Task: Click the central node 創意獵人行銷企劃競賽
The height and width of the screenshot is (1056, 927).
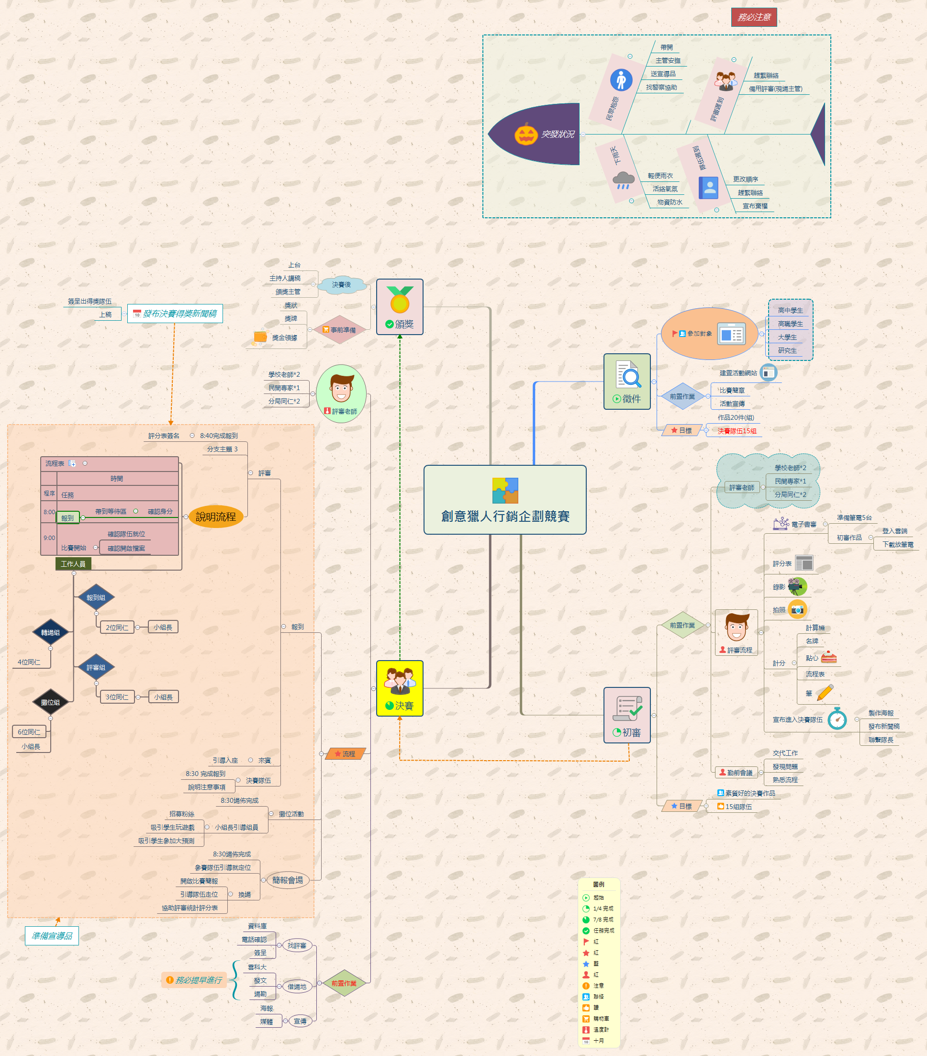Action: [504, 500]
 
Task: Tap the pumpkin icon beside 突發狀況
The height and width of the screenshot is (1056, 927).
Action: [526, 135]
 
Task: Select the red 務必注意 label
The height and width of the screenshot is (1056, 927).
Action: [753, 17]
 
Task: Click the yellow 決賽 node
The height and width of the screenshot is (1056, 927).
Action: [400, 688]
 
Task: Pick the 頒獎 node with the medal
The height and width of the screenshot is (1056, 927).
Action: [400, 307]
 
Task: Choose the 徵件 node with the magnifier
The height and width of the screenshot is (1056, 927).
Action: [627, 381]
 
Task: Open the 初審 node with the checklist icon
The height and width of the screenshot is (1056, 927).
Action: [627, 715]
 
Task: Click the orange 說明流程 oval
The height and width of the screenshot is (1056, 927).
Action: [216, 517]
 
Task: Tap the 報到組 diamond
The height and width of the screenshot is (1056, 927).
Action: [96, 598]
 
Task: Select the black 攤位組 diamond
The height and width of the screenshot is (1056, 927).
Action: [51, 702]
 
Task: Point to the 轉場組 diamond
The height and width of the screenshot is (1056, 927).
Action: [51, 632]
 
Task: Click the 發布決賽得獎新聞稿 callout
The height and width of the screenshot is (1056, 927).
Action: [175, 314]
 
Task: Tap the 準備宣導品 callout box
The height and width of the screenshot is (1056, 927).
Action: [52, 936]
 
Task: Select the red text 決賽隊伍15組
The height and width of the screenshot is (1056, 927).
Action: [737, 431]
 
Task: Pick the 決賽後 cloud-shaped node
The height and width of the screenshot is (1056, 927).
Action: [341, 285]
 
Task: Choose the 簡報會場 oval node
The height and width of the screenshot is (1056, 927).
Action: [288, 880]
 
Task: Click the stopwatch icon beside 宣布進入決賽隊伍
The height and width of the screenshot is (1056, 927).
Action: [837, 719]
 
